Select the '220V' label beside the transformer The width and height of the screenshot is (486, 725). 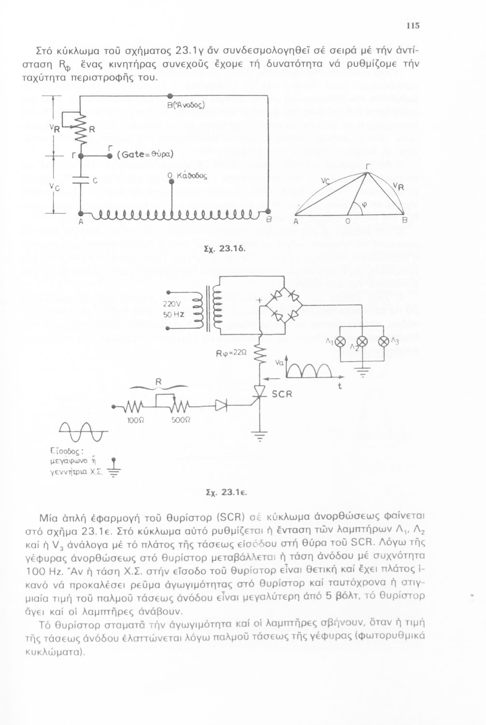pyautogui.click(x=172, y=304)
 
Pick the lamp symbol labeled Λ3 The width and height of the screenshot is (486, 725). pyautogui.click(x=385, y=342)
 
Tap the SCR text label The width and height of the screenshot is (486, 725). pyautogui.click(x=282, y=394)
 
